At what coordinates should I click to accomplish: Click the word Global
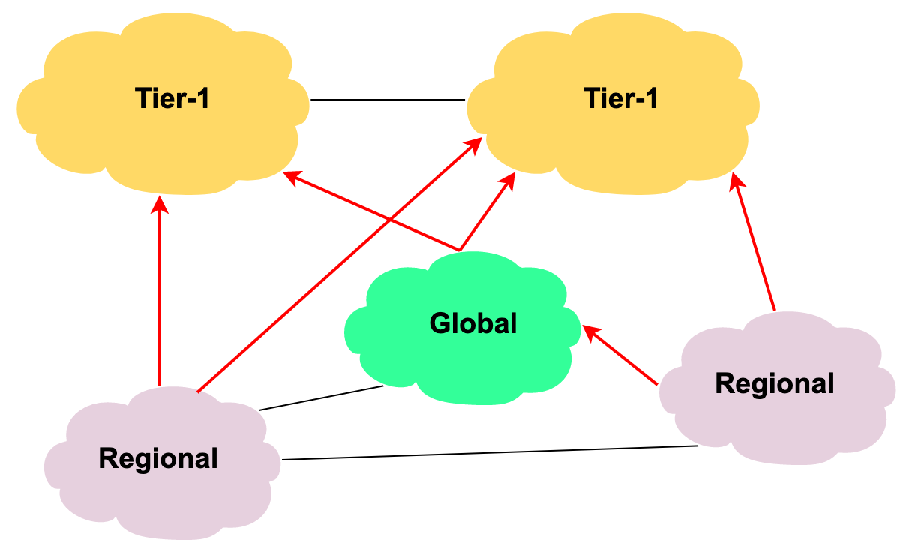(472, 323)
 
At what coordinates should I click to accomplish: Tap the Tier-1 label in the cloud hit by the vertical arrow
(172, 98)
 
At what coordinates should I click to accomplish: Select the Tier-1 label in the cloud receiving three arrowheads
(620, 98)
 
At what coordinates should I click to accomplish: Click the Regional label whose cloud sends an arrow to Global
(775, 383)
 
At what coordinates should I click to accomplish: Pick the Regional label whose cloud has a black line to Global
(158, 458)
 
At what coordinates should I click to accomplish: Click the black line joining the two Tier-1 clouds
(388, 100)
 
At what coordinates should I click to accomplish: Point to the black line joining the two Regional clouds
(490, 453)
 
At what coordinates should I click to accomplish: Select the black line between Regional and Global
(321, 398)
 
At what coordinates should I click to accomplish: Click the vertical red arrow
(160, 291)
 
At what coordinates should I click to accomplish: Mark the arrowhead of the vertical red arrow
(160, 205)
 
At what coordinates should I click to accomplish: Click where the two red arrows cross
(390, 220)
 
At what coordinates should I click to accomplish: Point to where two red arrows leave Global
(460, 250)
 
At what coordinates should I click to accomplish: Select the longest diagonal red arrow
(340, 265)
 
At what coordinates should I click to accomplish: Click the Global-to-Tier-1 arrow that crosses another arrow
(370, 211)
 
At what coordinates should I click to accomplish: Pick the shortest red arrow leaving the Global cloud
(487, 211)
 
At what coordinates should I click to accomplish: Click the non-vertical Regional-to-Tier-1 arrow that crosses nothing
(754, 241)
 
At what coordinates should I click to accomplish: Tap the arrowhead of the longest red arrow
(474, 145)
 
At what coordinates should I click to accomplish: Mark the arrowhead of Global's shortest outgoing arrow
(508, 181)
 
